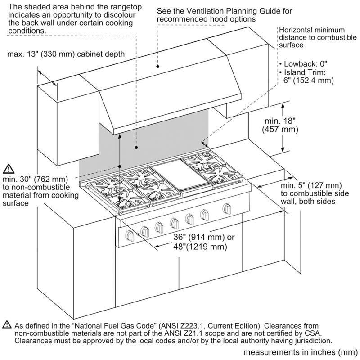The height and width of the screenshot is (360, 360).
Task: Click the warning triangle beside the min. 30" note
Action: coord(9,169)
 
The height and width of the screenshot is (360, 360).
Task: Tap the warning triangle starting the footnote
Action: coord(7,324)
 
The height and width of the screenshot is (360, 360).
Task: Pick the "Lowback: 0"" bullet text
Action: coord(299,64)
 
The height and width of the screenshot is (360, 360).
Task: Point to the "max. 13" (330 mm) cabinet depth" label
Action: coord(66,54)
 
